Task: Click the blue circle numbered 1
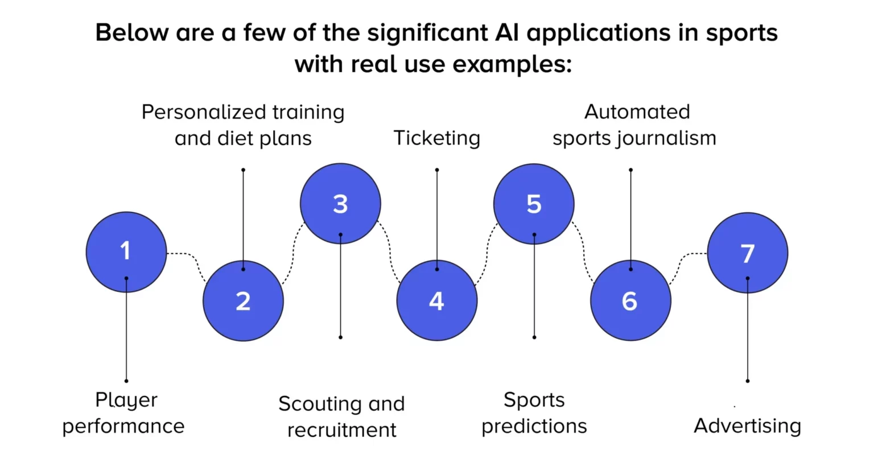(126, 252)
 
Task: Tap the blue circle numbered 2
(243, 300)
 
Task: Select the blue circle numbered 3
(340, 204)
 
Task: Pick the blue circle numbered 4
(436, 300)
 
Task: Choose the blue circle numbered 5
(534, 204)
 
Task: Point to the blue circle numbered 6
(630, 300)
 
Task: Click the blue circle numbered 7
(747, 253)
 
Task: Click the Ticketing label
(436, 138)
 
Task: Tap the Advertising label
(747, 426)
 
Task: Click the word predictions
(534, 426)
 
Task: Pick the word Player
(126, 400)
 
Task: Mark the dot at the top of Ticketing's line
(437, 170)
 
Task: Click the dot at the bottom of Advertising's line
(748, 381)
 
